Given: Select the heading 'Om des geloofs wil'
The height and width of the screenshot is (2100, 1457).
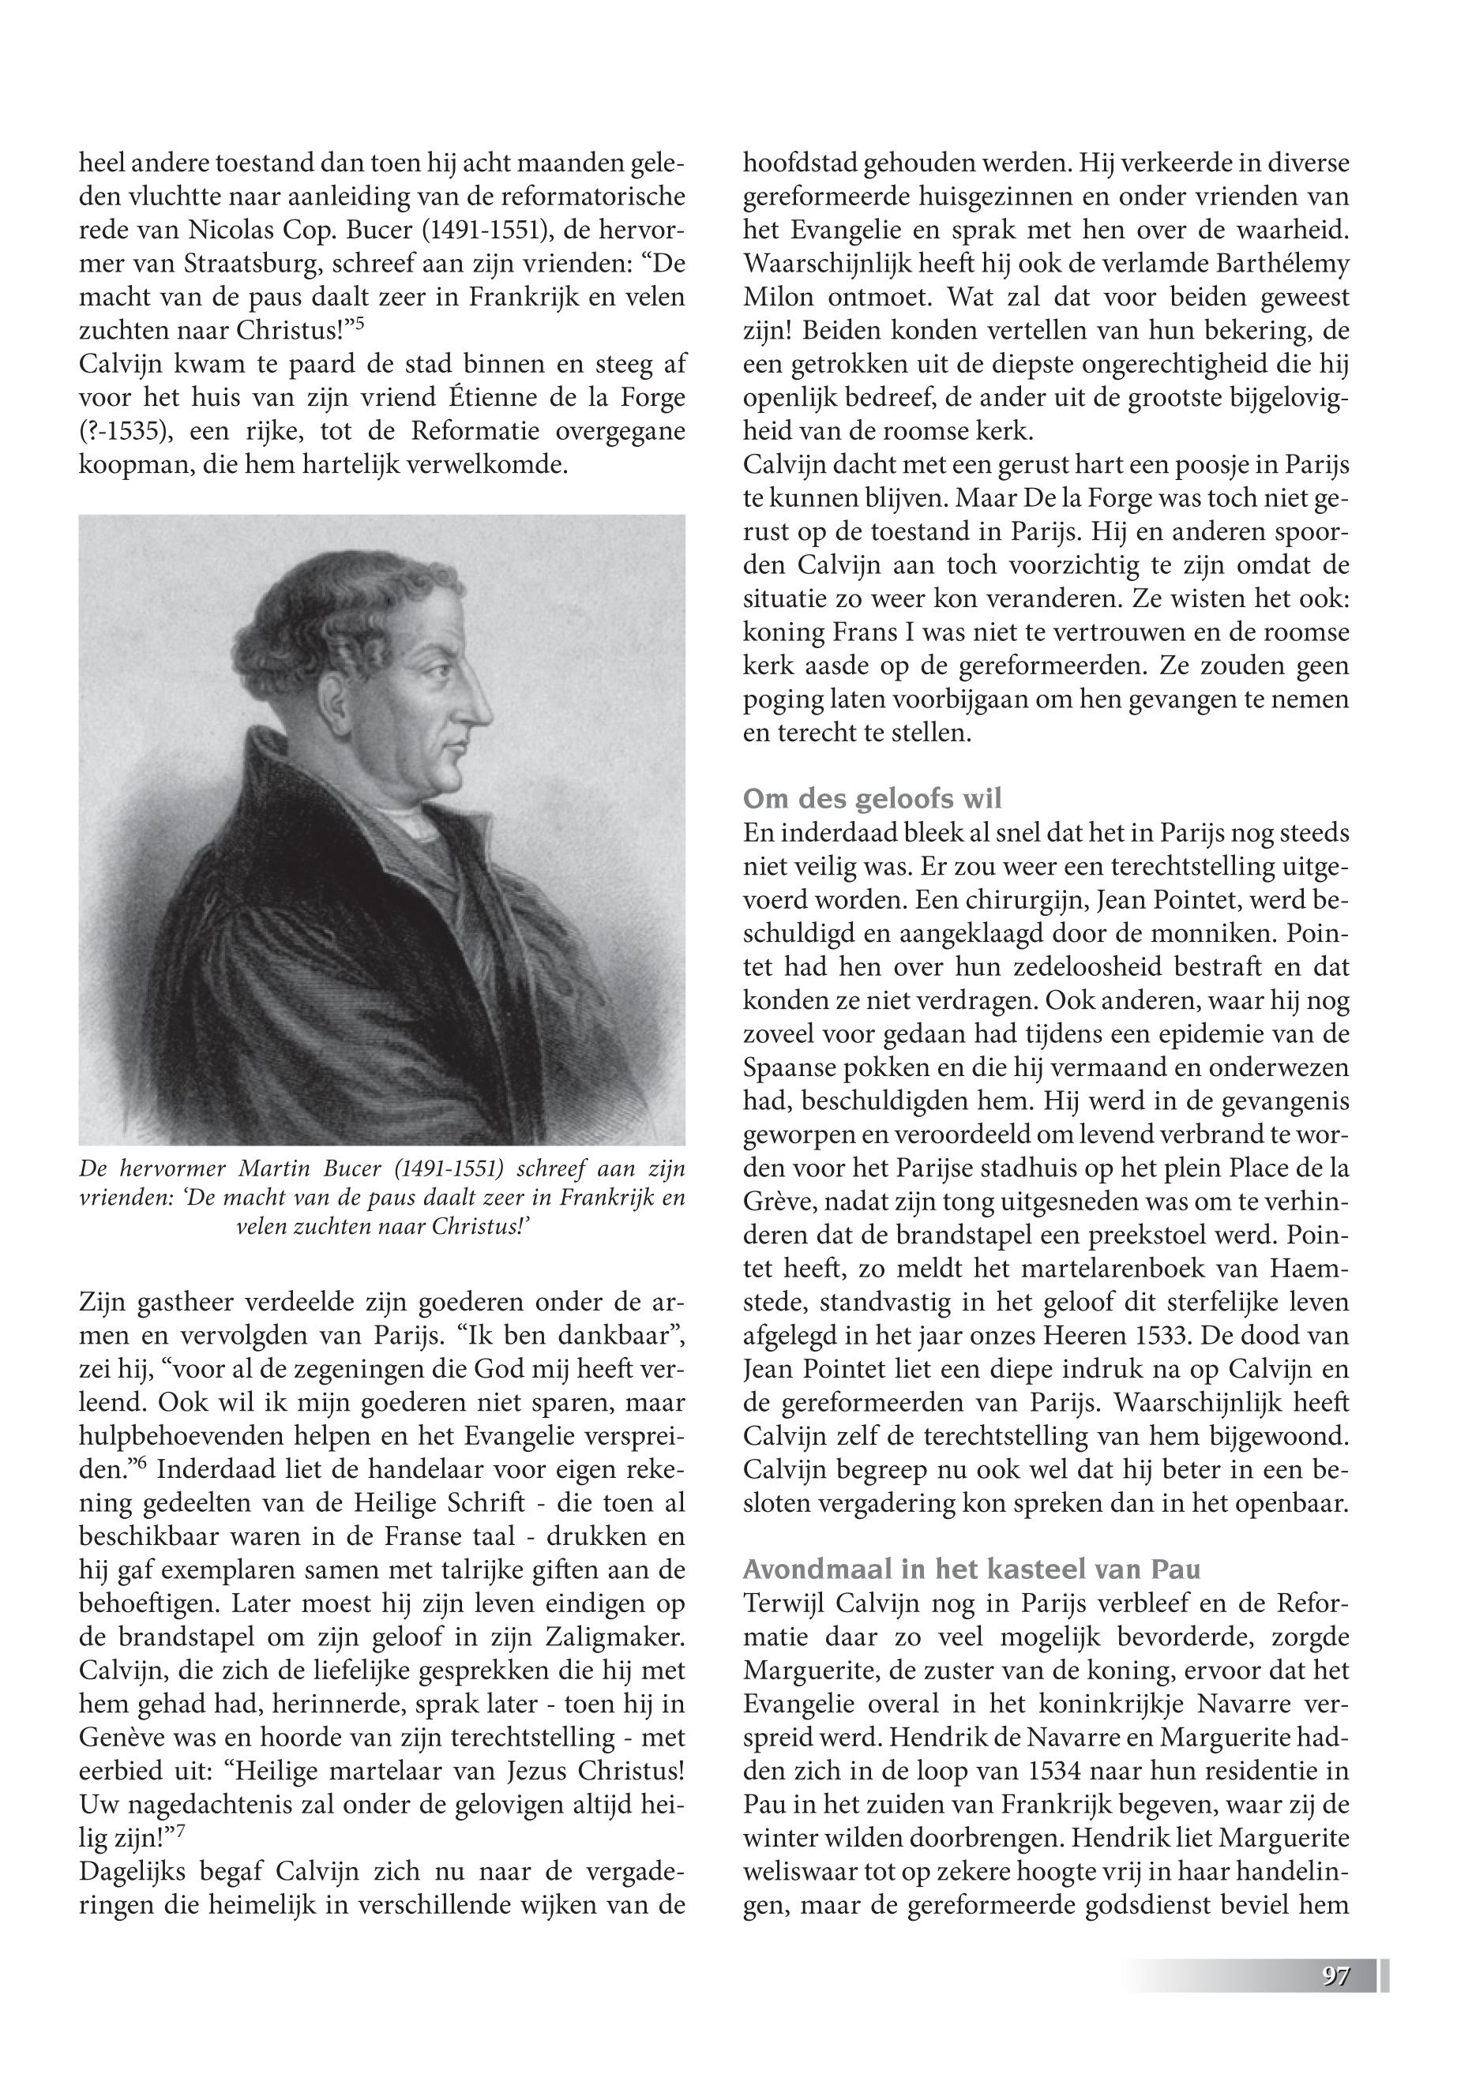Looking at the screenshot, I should click(x=872, y=799).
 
